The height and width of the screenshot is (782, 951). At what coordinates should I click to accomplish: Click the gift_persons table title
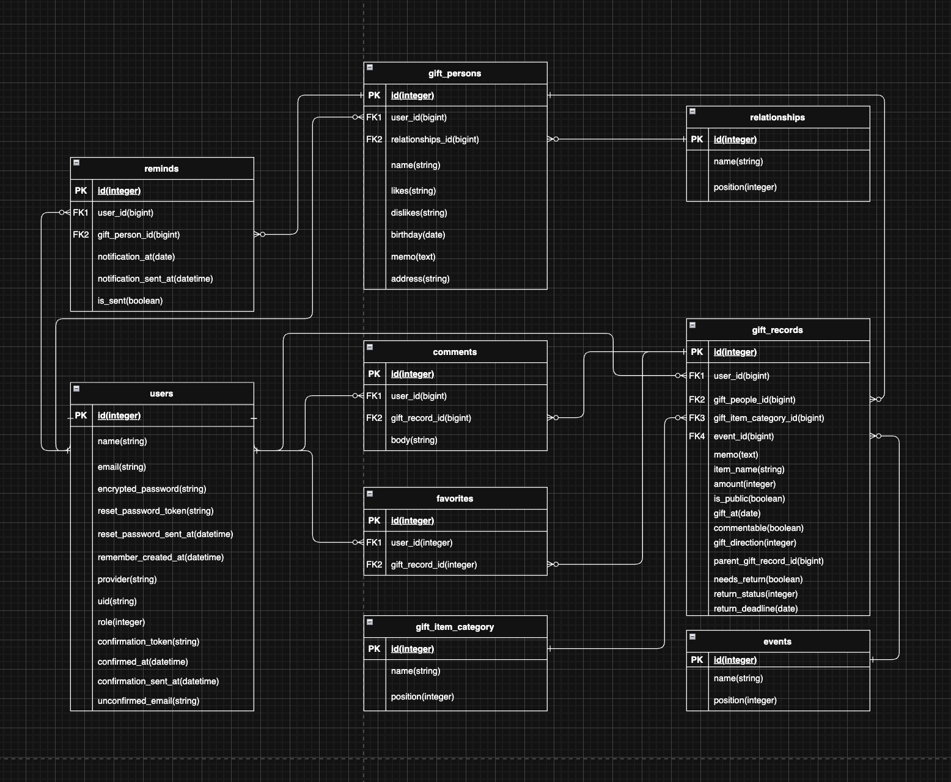(x=455, y=73)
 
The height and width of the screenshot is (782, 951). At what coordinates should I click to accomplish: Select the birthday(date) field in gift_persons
(x=418, y=235)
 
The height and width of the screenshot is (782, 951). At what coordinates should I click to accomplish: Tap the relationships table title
(x=777, y=117)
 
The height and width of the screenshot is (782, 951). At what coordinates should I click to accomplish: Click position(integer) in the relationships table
(x=745, y=187)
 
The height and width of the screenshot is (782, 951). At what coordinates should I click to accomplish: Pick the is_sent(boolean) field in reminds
(x=130, y=301)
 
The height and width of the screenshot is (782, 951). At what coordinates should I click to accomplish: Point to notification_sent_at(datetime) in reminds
(x=155, y=279)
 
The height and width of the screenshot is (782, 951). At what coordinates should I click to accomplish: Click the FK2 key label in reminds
(x=81, y=235)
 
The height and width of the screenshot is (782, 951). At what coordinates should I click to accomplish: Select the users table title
(x=161, y=393)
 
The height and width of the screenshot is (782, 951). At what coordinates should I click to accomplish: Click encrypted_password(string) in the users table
(x=152, y=489)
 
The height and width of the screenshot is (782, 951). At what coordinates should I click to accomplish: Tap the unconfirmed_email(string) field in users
(x=149, y=701)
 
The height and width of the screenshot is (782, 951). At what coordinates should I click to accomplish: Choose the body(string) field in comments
(x=414, y=440)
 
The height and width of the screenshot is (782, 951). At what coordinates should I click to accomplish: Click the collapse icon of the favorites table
(x=370, y=494)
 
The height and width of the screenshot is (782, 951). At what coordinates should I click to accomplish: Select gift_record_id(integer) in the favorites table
(x=434, y=565)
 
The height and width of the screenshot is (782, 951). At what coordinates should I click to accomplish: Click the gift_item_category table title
(x=455, y=627)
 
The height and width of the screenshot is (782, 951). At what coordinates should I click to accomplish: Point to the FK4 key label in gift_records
(x=697, y=436)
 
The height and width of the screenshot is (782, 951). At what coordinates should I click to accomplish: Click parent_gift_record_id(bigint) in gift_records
(x=768, y=561)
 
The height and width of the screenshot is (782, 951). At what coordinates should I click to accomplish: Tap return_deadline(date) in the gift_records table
(x=755, y=608)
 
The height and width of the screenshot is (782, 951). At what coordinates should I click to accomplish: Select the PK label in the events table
(x=697, y=660)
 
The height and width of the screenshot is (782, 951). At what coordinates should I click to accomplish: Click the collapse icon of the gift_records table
(x=692, y=325)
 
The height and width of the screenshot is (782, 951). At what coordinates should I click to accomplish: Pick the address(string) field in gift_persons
(x=420, y=279)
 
